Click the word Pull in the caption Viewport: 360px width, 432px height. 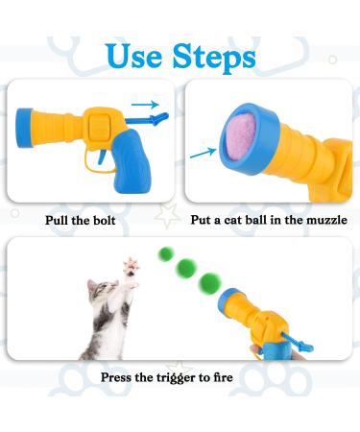pyautogui.click(x=61, y=220)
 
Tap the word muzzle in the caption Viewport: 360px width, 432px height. pyautogui.click(x=322, y=220)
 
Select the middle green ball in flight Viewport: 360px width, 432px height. pyautogui.click(x=184, y=270)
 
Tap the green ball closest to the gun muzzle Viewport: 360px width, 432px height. pyautogui.click(x=207, y=282)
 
